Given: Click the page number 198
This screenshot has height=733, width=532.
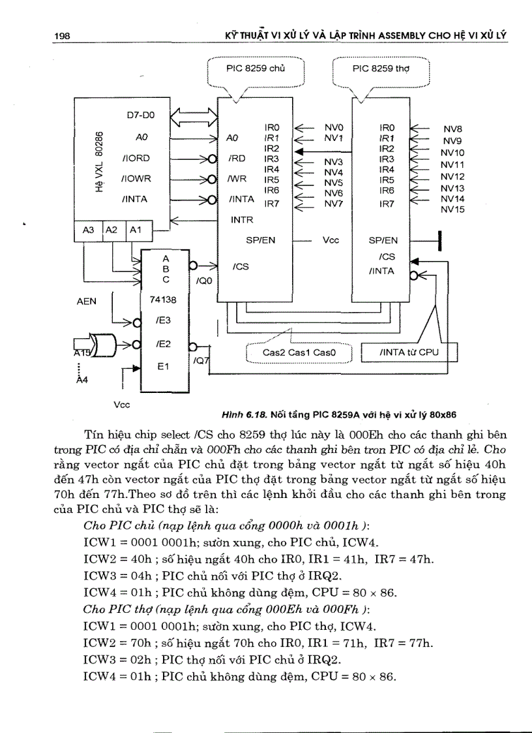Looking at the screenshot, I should [x=61, y=37].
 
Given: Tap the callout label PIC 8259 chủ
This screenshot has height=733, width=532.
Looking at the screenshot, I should [x=256, y=68].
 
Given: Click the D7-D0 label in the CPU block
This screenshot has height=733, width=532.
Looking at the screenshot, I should [x=140, y=115].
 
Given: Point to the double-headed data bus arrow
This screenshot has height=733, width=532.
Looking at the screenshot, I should [x=193, y=118].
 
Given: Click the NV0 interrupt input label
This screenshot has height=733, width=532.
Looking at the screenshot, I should [x=334, y=127].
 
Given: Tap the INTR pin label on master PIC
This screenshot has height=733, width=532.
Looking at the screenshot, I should [x=242, y=220].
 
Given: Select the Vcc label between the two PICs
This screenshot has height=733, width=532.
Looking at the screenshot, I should [x=331, y=240].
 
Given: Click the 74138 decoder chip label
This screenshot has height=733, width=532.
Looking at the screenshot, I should [x=160, y=300].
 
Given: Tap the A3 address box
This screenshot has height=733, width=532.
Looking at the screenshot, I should [x=88, y=230].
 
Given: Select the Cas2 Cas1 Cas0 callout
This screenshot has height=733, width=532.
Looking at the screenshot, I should [x=299, y=352].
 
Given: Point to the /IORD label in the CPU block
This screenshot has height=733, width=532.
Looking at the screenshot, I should [x=136, y=158].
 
